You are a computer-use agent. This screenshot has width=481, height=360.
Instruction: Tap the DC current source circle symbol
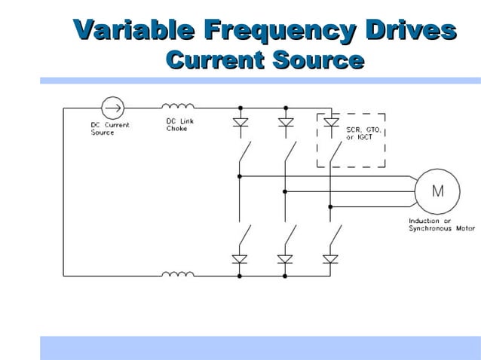point(112,107)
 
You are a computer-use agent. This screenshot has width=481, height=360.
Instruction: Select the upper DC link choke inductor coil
point(178,107)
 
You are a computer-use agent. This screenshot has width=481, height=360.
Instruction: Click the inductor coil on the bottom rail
point(178,276)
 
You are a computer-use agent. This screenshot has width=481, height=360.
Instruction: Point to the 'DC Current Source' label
point(104,129)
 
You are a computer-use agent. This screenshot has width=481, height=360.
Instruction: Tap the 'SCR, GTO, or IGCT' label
point(364,133)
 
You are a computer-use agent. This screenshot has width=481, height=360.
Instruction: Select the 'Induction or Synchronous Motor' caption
point(442,224)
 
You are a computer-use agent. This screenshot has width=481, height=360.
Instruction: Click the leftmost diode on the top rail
point(240,123)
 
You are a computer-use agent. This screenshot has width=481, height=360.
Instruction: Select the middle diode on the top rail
point(285,123)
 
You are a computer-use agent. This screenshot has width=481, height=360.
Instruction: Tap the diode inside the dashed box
point(330,121)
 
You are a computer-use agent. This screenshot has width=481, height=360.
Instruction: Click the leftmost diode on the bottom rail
point(240,259)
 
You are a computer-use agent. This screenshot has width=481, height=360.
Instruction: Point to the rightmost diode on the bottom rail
point(330,259)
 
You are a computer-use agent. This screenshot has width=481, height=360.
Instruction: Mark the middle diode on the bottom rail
point(285,259)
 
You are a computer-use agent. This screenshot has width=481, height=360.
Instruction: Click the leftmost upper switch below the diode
point(244,154)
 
